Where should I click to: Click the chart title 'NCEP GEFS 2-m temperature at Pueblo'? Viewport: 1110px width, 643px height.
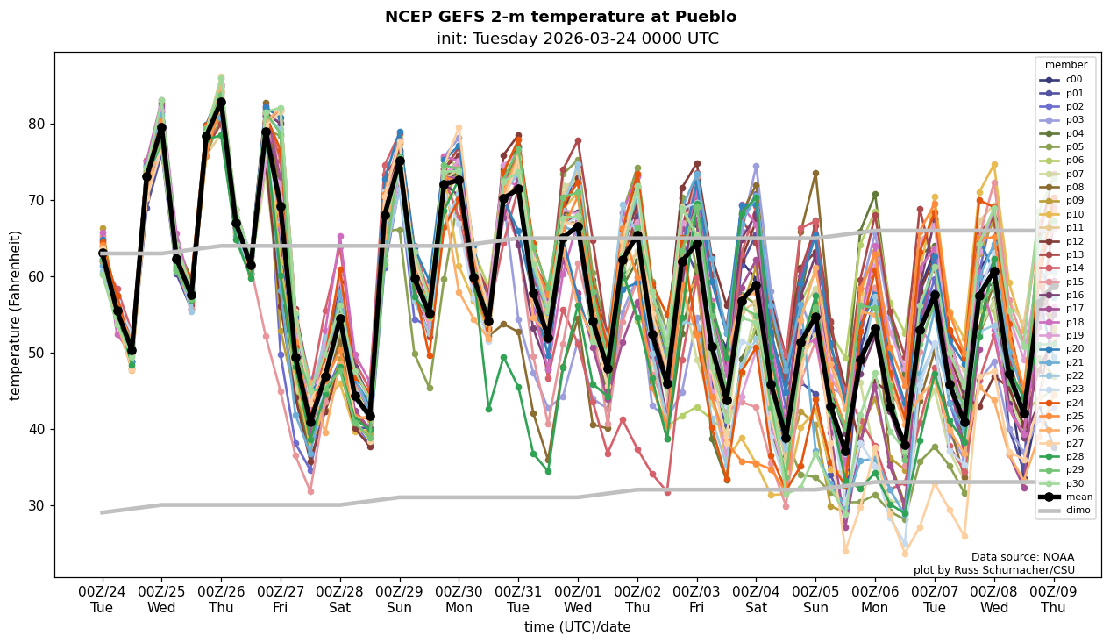coord(560,17)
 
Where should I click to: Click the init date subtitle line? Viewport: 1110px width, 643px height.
coord(577,39)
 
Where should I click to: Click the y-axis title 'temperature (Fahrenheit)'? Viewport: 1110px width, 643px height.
coord(16,315)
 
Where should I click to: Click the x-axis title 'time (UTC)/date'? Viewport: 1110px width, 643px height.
coord(577,627)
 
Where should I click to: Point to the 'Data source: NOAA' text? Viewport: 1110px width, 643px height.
coord(1022,557)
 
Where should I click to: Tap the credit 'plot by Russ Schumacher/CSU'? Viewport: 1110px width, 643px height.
coord(993,570)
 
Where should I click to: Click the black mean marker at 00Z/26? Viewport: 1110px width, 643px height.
coord(221,102)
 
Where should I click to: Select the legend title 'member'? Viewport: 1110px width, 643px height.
coord(1065,65)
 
